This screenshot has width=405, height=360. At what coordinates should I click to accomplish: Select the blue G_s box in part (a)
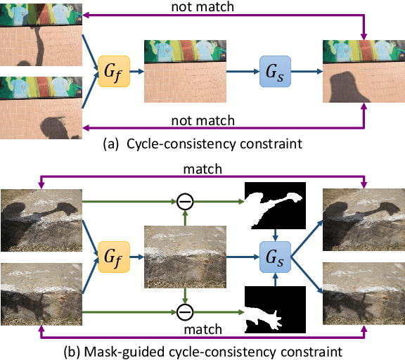[276, 71]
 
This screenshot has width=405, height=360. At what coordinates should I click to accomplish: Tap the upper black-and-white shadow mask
[275, 205]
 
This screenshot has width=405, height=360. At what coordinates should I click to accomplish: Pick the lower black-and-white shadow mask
[275, 309]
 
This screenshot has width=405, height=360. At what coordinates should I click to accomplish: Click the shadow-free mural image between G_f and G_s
[184, 70]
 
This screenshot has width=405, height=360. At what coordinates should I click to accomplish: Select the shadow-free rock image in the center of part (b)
[184, 257]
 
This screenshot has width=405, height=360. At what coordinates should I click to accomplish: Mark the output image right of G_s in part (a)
[363, 71]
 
